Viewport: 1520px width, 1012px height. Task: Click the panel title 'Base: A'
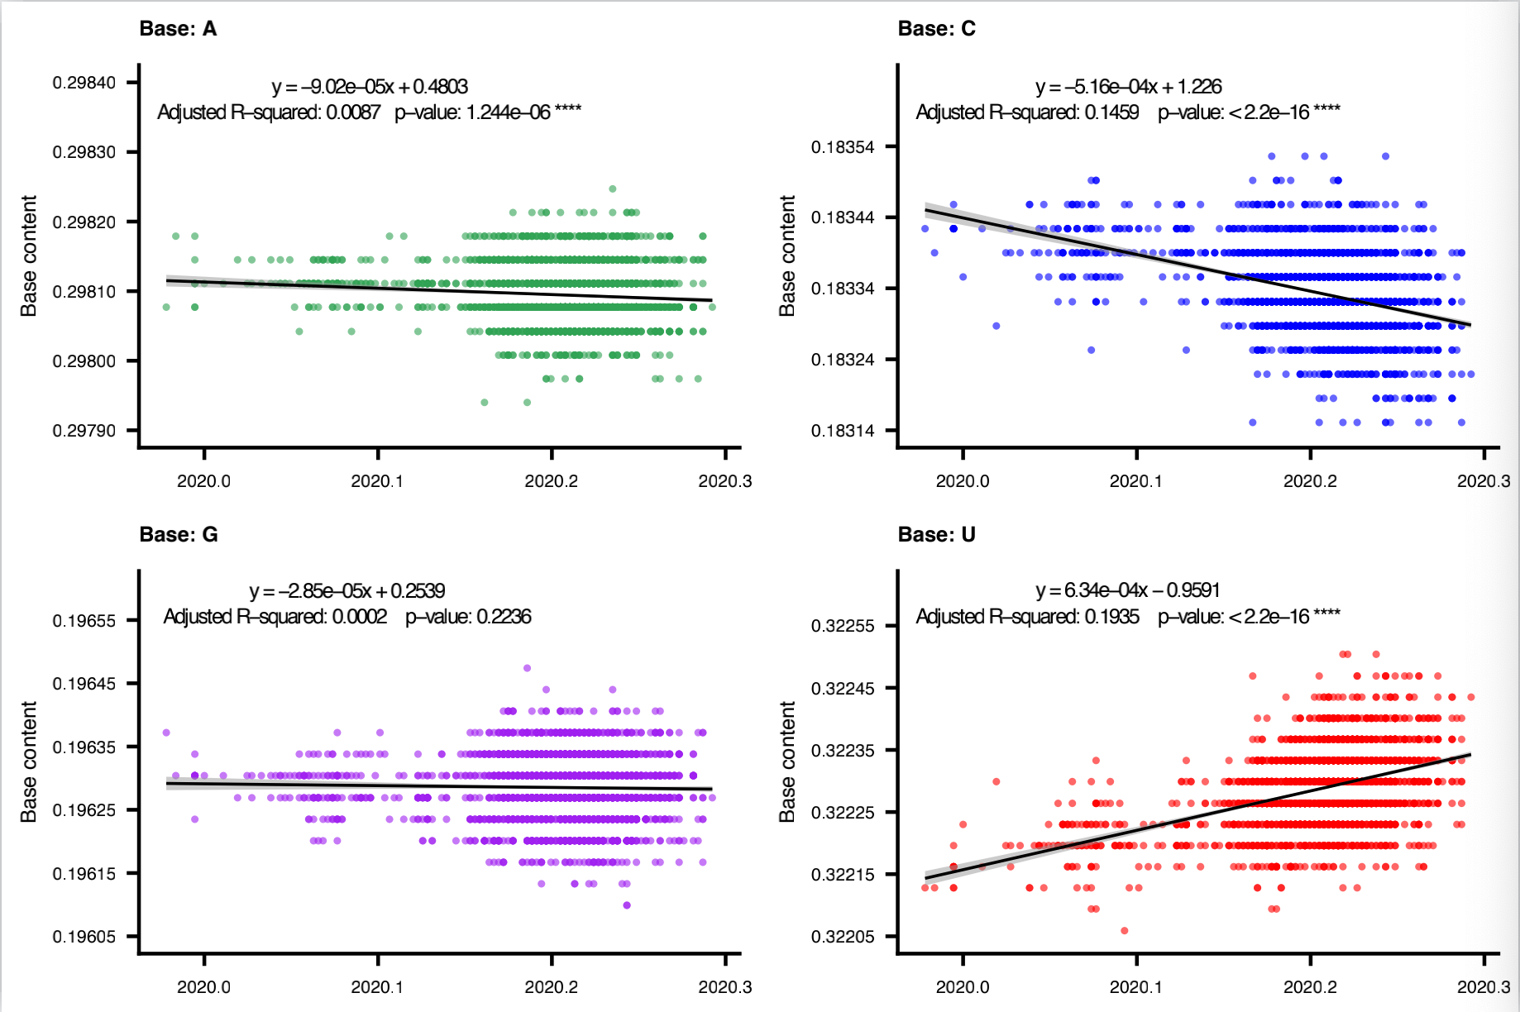click(178, 29)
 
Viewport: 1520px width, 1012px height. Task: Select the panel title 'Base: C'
click(936, 29)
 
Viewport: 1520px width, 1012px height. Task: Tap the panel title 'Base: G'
click(179, 535)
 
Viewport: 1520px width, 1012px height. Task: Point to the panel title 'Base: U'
click(936, 535)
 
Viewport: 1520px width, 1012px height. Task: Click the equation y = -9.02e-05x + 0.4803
click(370, 87)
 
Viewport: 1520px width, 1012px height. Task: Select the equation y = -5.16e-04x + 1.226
click(1128, 87)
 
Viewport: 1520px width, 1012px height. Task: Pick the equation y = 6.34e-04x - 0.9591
click(1127, 590)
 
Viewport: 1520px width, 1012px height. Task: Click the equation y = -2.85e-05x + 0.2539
click(347, 591)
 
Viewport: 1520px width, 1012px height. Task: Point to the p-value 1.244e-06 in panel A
click(508, 112)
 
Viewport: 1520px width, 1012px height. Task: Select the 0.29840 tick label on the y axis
click(84, 83)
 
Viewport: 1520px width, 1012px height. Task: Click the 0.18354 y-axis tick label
click(842, 147)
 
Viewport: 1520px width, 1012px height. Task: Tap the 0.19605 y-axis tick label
click(84, 937)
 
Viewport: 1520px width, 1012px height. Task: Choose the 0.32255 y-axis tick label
click(842, 626)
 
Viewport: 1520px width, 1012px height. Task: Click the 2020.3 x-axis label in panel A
click(724, 481)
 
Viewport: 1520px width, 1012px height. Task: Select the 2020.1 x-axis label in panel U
click(1135, 987)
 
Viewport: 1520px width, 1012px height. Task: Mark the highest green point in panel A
click(613, 189)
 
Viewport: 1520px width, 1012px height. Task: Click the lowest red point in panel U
click(1124, 931)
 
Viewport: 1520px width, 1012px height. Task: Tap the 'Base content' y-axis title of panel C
click(787, 255)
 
